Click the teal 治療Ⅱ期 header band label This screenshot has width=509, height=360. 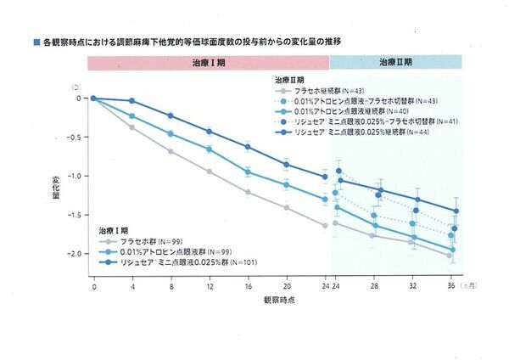395,62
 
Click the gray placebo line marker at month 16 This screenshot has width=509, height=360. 248,192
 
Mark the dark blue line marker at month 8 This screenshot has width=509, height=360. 171,115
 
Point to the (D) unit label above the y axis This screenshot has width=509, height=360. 77,86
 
